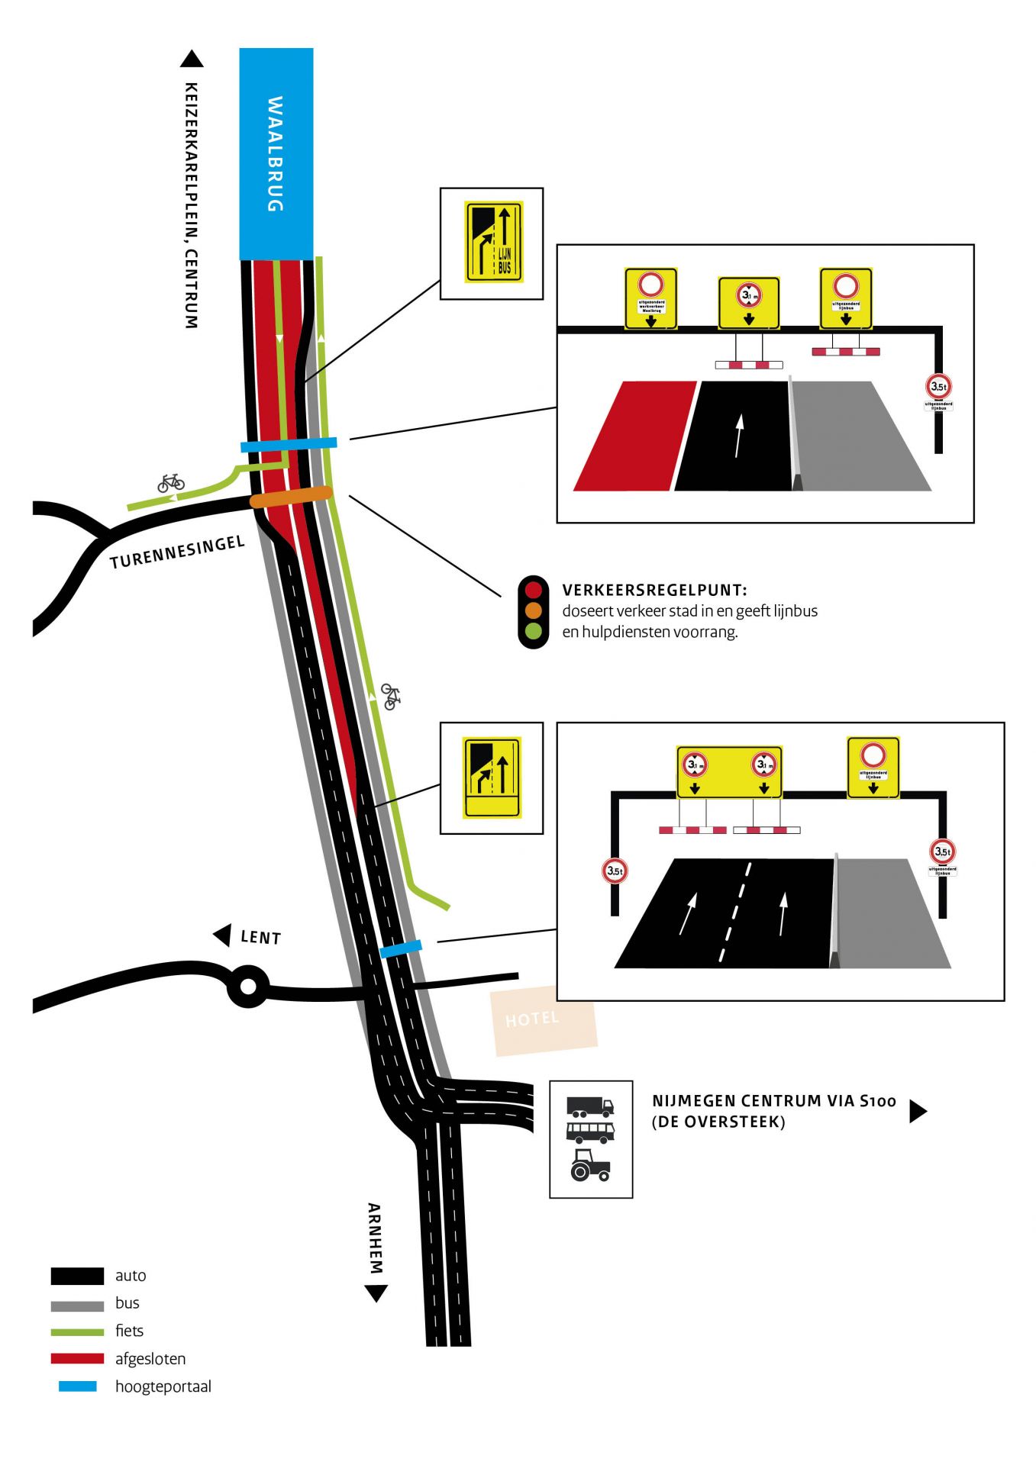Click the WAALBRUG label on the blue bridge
[x=275, y=153]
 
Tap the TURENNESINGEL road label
[x=177, y=552]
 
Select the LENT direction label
[x=260, y=937]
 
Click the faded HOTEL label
[x=532, y=1019]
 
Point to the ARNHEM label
[x=374, y=1238]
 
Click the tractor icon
[x=590, y=1166]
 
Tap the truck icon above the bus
[x=590, y=1106]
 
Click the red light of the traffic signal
[x=533, y=590]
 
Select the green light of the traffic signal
[x=533, y=631]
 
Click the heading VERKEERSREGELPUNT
[x=654, y=590]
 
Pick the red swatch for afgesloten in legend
[x=77, y=1358]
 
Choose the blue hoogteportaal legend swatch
[x=77, y=1386]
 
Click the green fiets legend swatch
[x=77, y=1331]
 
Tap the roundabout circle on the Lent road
[x=248, y=986]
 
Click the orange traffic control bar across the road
[x=291, y=497]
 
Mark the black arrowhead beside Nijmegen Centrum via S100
[x=918, y=1111]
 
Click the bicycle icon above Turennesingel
[x=171, y=482]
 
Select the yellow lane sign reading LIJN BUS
[x=493, y=242]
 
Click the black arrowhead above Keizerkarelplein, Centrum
[x=192, y=59]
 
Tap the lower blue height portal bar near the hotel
[x=401, y=949]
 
